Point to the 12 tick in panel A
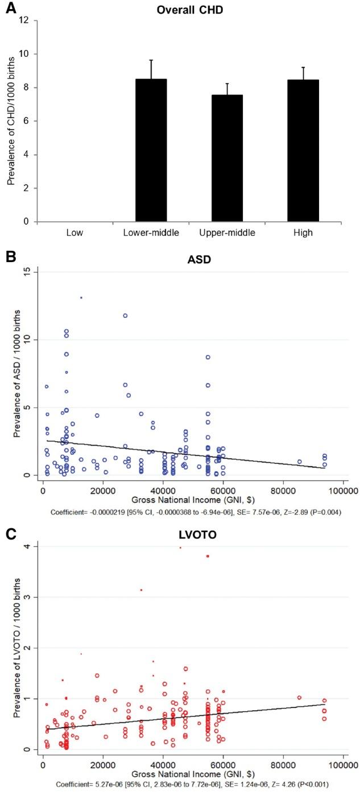[26, 20]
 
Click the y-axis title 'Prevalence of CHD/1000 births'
[11, 121]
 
